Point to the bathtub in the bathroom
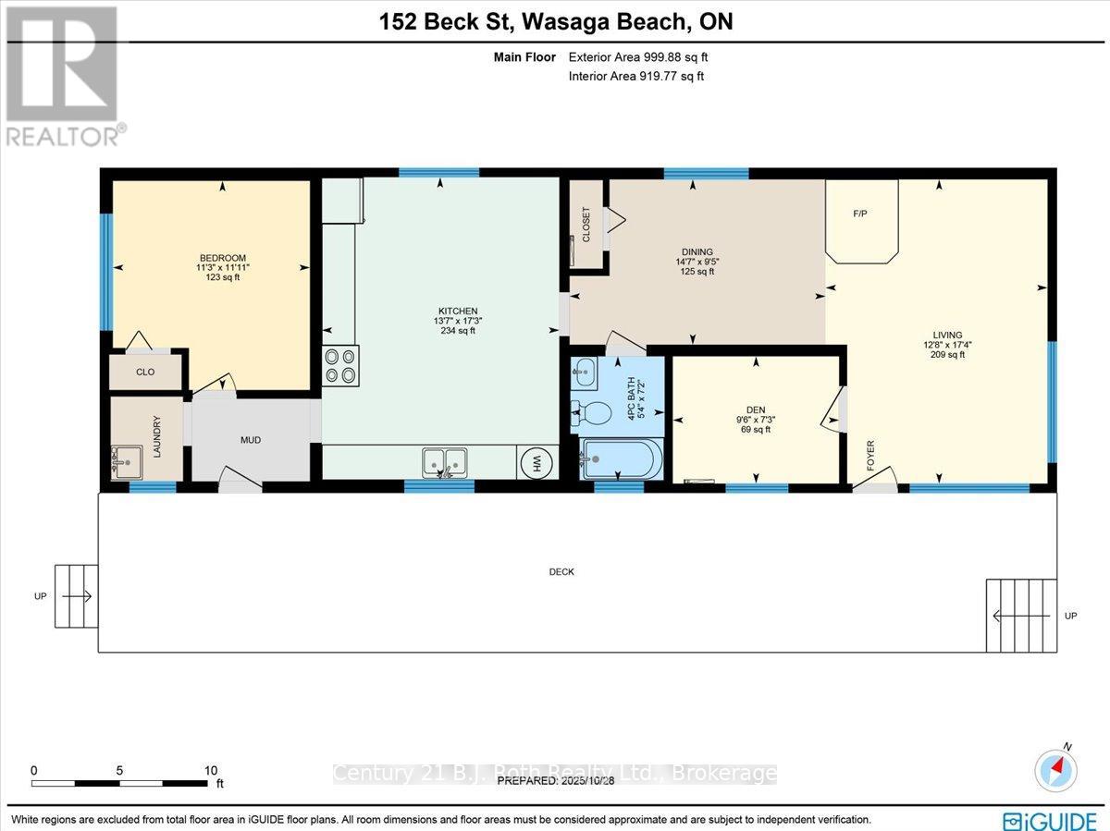pyautogui.click(x=621, y=459)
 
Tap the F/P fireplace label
pyautogui.click(x=859, y=213)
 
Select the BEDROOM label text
pyautogui.click(x=223, y=258)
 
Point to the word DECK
pyautogui.click(x=561, y=572)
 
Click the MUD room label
pyautogui.click(x=251, y=440)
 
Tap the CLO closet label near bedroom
pyautogui.click(x=145, y=372)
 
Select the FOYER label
pyautogui.click(x=870, y=455)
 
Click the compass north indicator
pyautogui.click(x=1057, y=768)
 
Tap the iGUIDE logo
pyautogui.click(x=1050, y=819)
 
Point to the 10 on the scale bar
pyautogui.click(x=211, y=770)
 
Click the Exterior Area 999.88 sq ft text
pyautogui.click(x=638, y=57)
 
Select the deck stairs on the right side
pyautogui.click(x=1021, y=615)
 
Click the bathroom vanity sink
pyautogui.click(x=585, y=373)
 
